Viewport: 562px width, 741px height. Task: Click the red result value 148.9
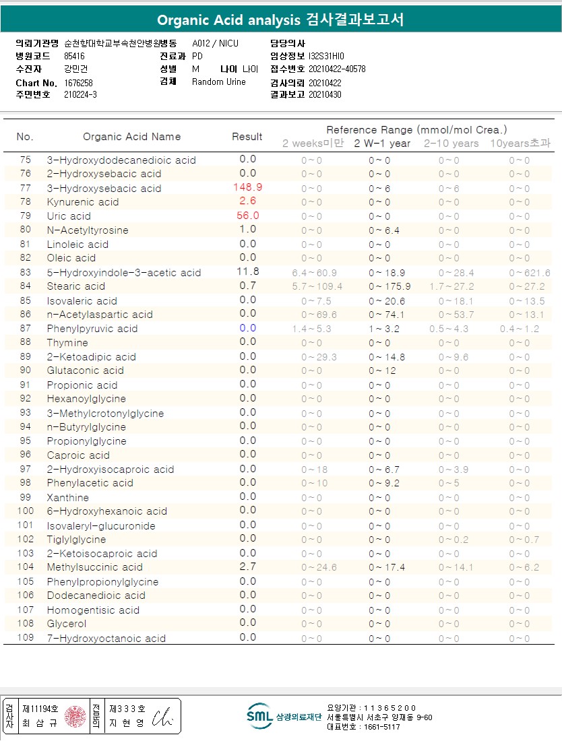(247, 187)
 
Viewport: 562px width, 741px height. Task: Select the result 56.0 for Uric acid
(247, 216)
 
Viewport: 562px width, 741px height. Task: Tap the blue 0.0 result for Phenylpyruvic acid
(247, 328)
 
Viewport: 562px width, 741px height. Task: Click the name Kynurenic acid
(82, 202)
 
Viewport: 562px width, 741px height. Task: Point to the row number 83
(25, 272)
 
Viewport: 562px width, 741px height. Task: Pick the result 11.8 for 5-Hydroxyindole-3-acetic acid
(247, 271)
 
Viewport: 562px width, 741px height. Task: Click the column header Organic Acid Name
(131, 137)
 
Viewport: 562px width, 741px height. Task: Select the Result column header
(247, 137)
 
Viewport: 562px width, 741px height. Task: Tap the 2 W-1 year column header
(382, 143)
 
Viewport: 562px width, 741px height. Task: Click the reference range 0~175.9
(389, 286)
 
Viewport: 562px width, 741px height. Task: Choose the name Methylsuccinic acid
(94, 567)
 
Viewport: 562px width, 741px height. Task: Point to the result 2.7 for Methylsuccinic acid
(247, 567)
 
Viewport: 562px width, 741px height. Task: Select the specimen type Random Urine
(219, 82)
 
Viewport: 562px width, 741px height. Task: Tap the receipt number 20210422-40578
(337, 69)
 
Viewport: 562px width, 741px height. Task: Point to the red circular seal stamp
(76, 716)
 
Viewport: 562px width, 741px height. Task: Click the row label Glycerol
(66, 624)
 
